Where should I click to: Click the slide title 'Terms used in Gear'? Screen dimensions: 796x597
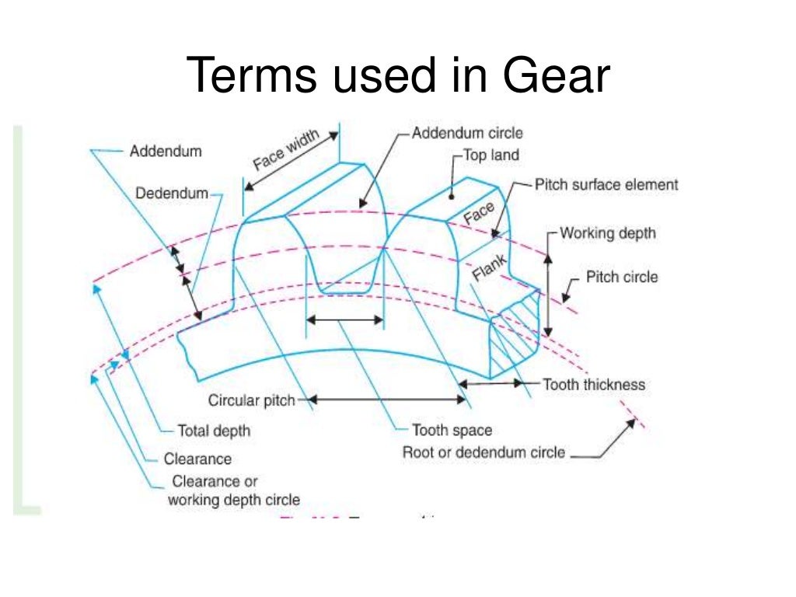coord(398,76)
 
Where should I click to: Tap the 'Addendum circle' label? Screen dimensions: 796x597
coord(467,133)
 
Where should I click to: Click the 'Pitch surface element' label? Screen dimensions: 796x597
coord(606,185)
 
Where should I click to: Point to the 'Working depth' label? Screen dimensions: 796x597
coord(608,233)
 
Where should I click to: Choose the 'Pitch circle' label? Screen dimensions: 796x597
coord(621,277)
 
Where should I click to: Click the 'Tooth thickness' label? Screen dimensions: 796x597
coord(593,384)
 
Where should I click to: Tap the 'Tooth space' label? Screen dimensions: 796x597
coord(452,430)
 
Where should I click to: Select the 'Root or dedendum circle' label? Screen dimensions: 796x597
coord(484,452)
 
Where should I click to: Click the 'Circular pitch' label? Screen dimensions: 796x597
coord(252,401)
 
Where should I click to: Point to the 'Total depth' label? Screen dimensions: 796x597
coord(214,430)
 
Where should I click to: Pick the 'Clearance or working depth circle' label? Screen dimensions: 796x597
coord(234,491)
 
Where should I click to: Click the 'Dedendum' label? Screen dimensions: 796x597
coord(172,194)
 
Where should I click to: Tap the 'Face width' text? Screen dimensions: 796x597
coord(285,151)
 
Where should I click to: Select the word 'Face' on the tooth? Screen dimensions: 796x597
coord(479,212)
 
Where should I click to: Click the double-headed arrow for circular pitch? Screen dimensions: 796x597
coord(389,400)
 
